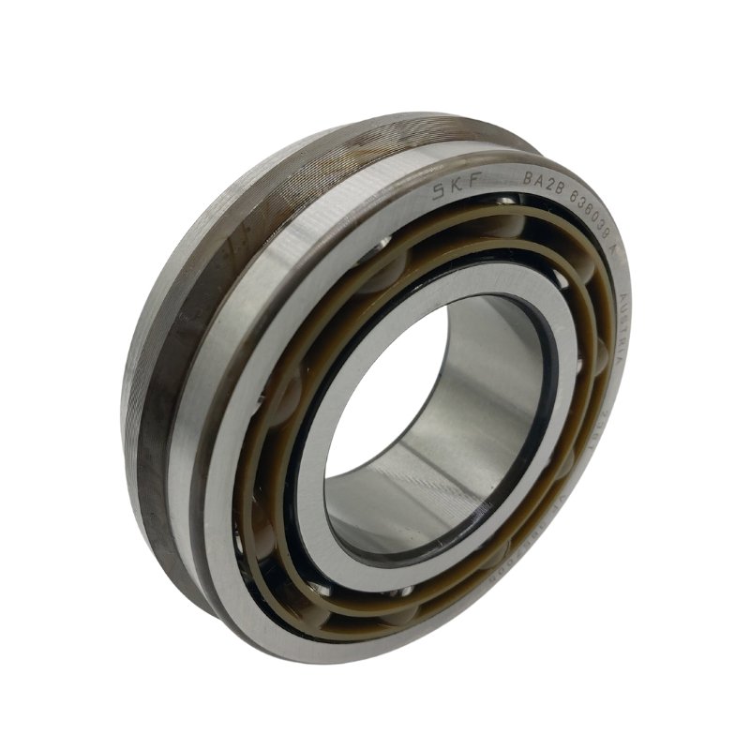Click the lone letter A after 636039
point(616,250)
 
